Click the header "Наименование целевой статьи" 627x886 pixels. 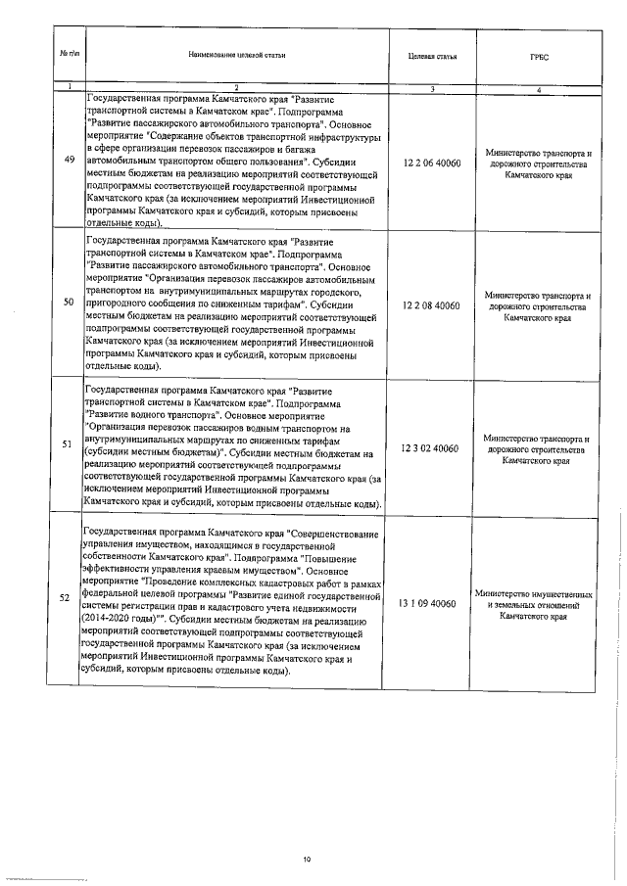(236, 55)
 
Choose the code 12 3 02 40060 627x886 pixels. (431, 447)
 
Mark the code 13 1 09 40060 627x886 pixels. (431, 605)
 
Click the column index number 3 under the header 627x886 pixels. (431, 90)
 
